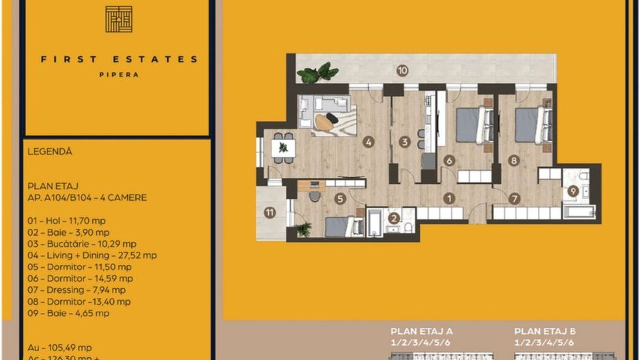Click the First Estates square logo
(119, 19)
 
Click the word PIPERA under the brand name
(119, 74)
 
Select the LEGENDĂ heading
(50, 152)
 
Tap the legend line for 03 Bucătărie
(82, 244)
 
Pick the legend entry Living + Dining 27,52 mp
(92, 255)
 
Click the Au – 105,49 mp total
(60, 347)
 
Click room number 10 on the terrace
(403, 70)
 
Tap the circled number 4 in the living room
(369, 143)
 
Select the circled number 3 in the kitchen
(405, 143)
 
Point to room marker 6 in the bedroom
(449, 161)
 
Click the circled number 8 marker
(514, 161)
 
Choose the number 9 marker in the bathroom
(573, 191)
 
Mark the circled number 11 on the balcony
(270, 212)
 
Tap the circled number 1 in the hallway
(449, 199)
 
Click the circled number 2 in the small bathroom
(394, 219)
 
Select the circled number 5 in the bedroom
(340, 199)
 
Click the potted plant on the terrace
(318, 72)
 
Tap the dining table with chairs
(283, 148)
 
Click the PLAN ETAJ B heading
(544, 330)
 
